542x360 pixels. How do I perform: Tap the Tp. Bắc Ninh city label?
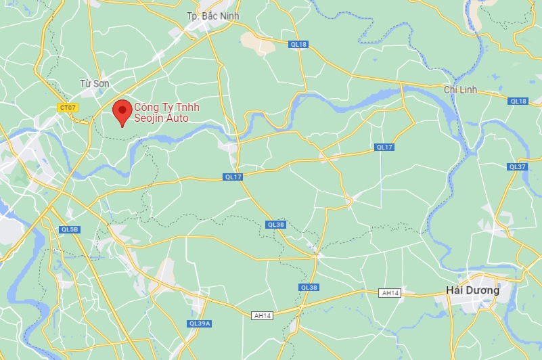(x=212, y=16)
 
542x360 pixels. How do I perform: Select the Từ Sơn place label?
(x=94, y=83)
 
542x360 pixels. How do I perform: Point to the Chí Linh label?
(x=460, y=89)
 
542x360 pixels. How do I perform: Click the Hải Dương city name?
(x=473, y=290)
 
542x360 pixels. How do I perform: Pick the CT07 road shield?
(x=68, y=107)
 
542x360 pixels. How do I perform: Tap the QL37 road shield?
(x=517, y=166)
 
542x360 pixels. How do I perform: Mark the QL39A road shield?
(x=200, y=323)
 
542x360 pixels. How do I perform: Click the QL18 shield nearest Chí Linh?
(x=518, y=101)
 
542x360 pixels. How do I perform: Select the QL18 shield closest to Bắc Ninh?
(x=298, y=44)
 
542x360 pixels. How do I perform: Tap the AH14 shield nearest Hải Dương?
(x=390, y=292)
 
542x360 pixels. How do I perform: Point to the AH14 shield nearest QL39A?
(x=262, y=315)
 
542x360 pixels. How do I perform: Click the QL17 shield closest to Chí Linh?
(x=384, y=147)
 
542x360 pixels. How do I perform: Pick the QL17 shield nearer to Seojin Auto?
(x=232, y=177)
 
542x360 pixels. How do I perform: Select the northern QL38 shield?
(x=275, y=225)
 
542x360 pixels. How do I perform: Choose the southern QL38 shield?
(x=308, y=288)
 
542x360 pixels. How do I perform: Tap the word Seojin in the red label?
(x=148, y=118)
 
